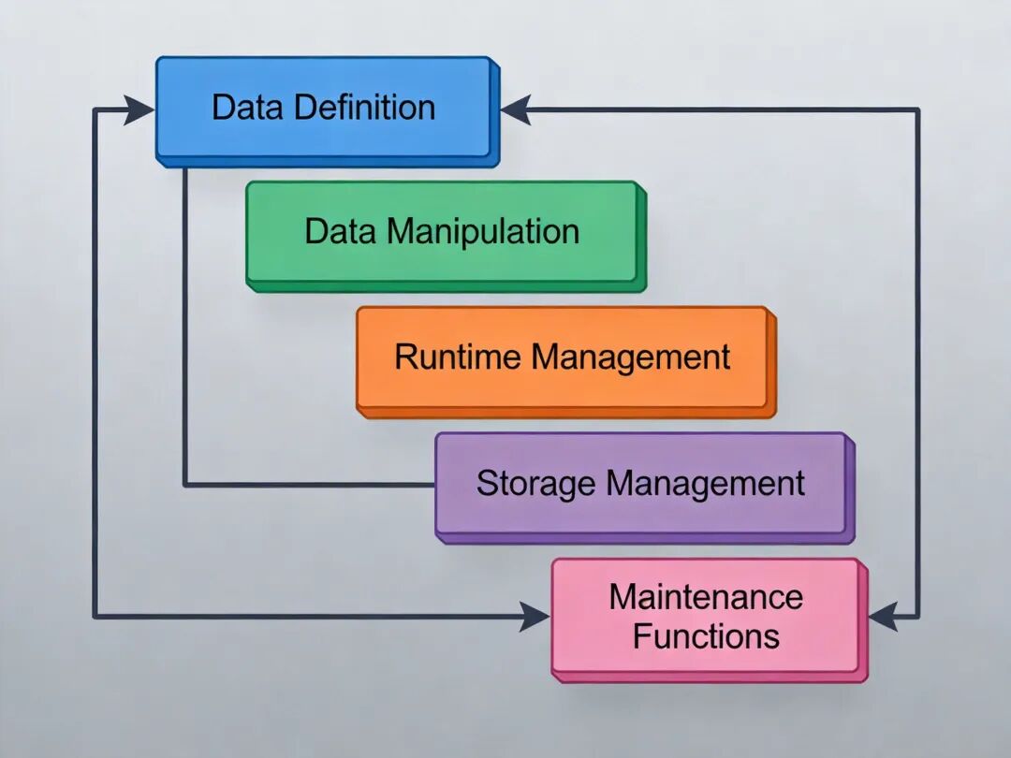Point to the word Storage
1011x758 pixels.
535,483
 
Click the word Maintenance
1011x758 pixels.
706,597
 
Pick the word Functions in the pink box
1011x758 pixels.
706,636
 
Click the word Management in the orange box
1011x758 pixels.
631,357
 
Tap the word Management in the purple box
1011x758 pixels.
705,483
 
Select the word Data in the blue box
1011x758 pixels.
245,107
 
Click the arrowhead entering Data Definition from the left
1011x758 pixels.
140,110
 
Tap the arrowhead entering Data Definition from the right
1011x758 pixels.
516,110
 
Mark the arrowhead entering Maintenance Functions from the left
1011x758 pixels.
535,616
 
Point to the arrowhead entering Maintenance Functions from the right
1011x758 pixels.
883,616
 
